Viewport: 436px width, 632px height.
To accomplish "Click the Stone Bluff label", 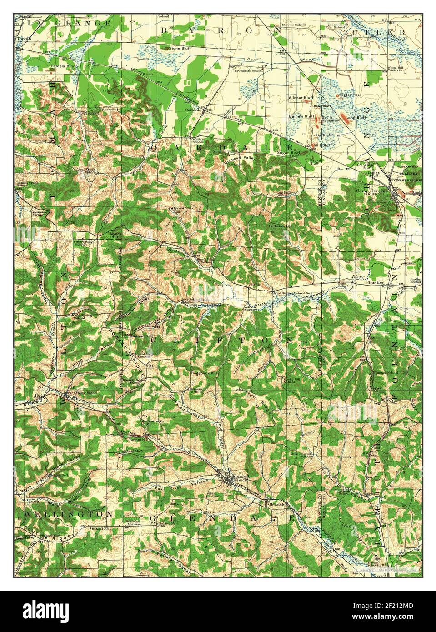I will (x=179, y=48).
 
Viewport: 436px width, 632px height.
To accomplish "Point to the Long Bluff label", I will (x=356, y=118).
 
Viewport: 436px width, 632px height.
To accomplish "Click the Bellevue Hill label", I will (x=279, y=226).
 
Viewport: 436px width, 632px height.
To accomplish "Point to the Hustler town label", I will (x=376, y=282).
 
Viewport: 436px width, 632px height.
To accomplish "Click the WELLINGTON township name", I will (x=67, y=513).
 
